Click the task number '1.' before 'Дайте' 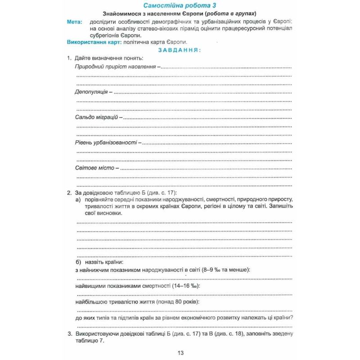pyautogui.click(x=69, y=58)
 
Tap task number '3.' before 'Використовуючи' pyautogui.click(x=69, y=333)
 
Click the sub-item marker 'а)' pyautogui.click(x=78, y=199)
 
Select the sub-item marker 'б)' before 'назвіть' pyautogui.click(x=78, y=261)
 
